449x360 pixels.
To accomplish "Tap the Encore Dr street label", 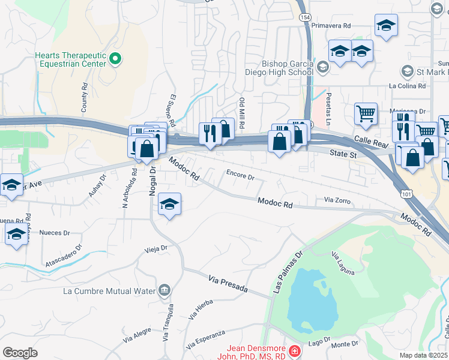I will point(240,177).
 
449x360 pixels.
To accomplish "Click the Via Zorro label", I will point(336,199).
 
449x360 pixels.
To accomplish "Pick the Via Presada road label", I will point(228,284).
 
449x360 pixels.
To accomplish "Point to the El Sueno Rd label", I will point(172,110).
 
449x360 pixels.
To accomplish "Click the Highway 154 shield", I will point(305,17).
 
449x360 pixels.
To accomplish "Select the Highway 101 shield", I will point(408,193).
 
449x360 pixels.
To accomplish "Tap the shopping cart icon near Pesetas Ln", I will point(366,113).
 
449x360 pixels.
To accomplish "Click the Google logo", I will point(20,353).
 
